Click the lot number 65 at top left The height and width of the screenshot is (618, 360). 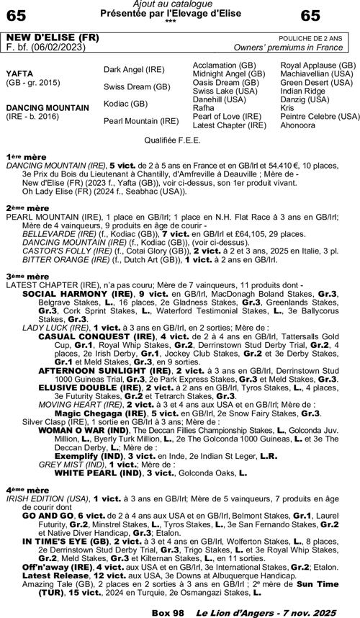pyautogui.click(x=17, y=15)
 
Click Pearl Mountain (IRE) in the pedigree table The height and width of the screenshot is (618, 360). pyautogui.click(x=140, y=120)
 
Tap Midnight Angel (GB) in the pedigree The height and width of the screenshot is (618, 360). pyautogui.click(x=228, y=73)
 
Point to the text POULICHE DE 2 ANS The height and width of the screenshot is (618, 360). pyautogui.click(x=315, y=37)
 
